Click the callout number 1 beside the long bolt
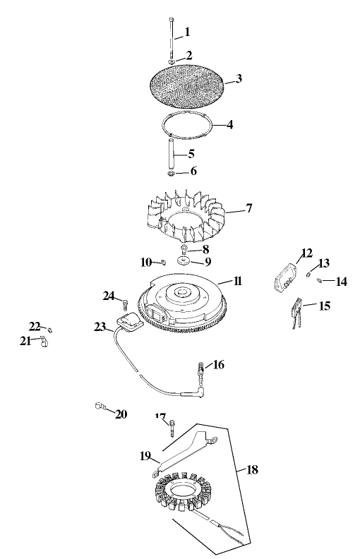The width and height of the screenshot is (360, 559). [187, 31]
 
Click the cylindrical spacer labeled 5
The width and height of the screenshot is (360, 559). [172, 151]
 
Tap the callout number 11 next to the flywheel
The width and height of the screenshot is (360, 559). [238, 281]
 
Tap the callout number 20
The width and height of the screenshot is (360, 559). [121, 414]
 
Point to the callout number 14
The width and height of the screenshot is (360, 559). [341, 282]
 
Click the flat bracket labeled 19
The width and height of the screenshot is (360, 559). [176, 454]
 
